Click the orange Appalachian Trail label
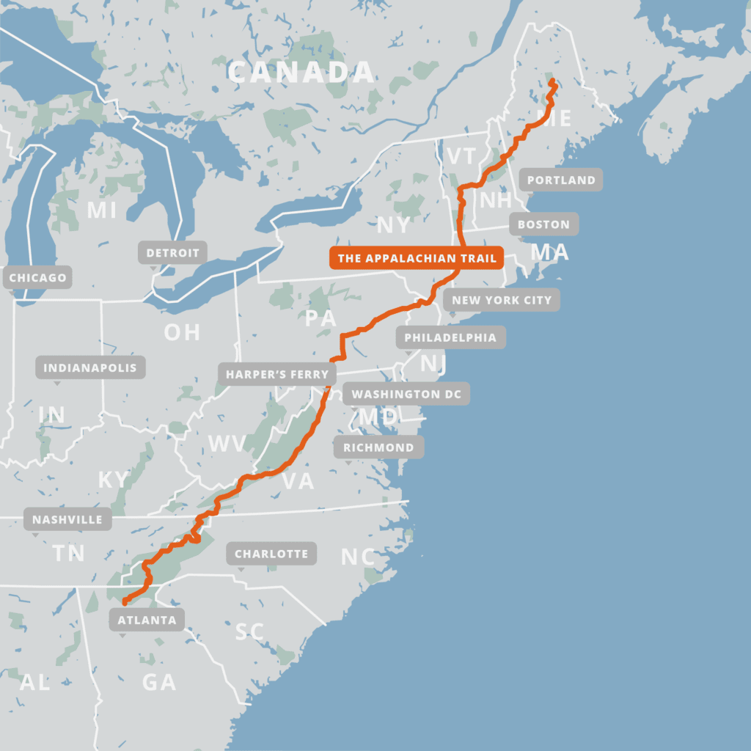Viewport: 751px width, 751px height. pyautogui.click(x=417, y=258)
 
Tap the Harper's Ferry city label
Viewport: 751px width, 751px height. pyautogui.click(x=277, y=374)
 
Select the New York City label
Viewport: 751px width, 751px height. pyautogui.click(x=502, y=300)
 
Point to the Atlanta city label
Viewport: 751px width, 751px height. pyautogui.click(x=147, y=620)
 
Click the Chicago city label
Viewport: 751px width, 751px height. pyautogui.click(x=37, y=277)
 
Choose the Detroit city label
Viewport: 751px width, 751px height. pyautogui.click(x=172, y=253)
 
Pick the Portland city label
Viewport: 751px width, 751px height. pyautogui.click(x=561, y=180)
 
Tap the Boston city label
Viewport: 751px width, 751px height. pyautogui.click(x=543, y=224)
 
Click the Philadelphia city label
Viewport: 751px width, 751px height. pyautogui.click(x=450, y=337)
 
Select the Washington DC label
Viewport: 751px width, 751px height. pyautogui.click(x=406, y=394)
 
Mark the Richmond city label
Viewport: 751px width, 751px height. pyautogui.click(x=378, y=447)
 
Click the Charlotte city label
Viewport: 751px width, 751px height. pyautogui.click(x=271, y=554)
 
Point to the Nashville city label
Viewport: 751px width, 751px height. pyautogui.click(x=67, y=520)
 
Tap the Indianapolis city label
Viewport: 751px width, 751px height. pyautogui.click(x=90, y=367)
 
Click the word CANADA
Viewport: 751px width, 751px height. pyautogui.click(x=301, y=73)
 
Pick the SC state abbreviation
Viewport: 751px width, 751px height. pyautogui.click(x=249, y=631)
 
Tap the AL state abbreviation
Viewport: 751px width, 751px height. pyautogui.click(x=34, y=682)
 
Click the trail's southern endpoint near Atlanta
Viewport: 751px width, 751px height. pyautogui.click(x=125, y=602)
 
